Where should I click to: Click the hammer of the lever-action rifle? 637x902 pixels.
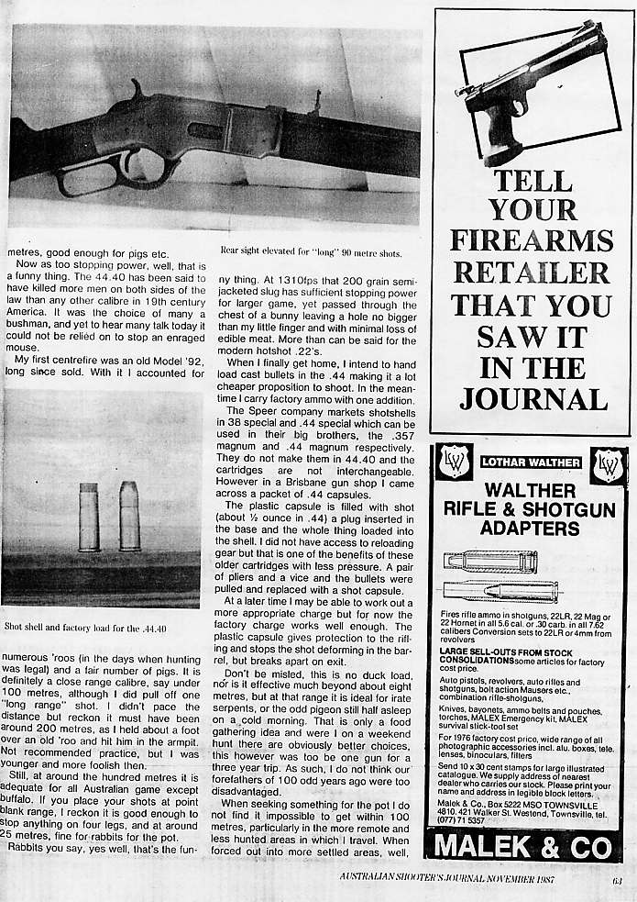point(137,90)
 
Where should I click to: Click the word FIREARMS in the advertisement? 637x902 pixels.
point(532,240)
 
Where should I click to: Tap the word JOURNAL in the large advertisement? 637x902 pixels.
point(533,399)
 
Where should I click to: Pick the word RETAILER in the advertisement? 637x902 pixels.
point(533,273)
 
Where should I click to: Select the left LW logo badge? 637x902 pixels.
point(455,462)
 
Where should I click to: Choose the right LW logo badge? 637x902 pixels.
point(607,464)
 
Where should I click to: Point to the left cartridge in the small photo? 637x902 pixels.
point(89,517)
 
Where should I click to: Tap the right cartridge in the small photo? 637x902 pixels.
point(129,516)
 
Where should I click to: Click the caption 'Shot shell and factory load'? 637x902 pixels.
point(85,628)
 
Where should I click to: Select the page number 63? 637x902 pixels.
point(618,884)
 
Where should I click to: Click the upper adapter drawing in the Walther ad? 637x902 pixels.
point(490,561)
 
